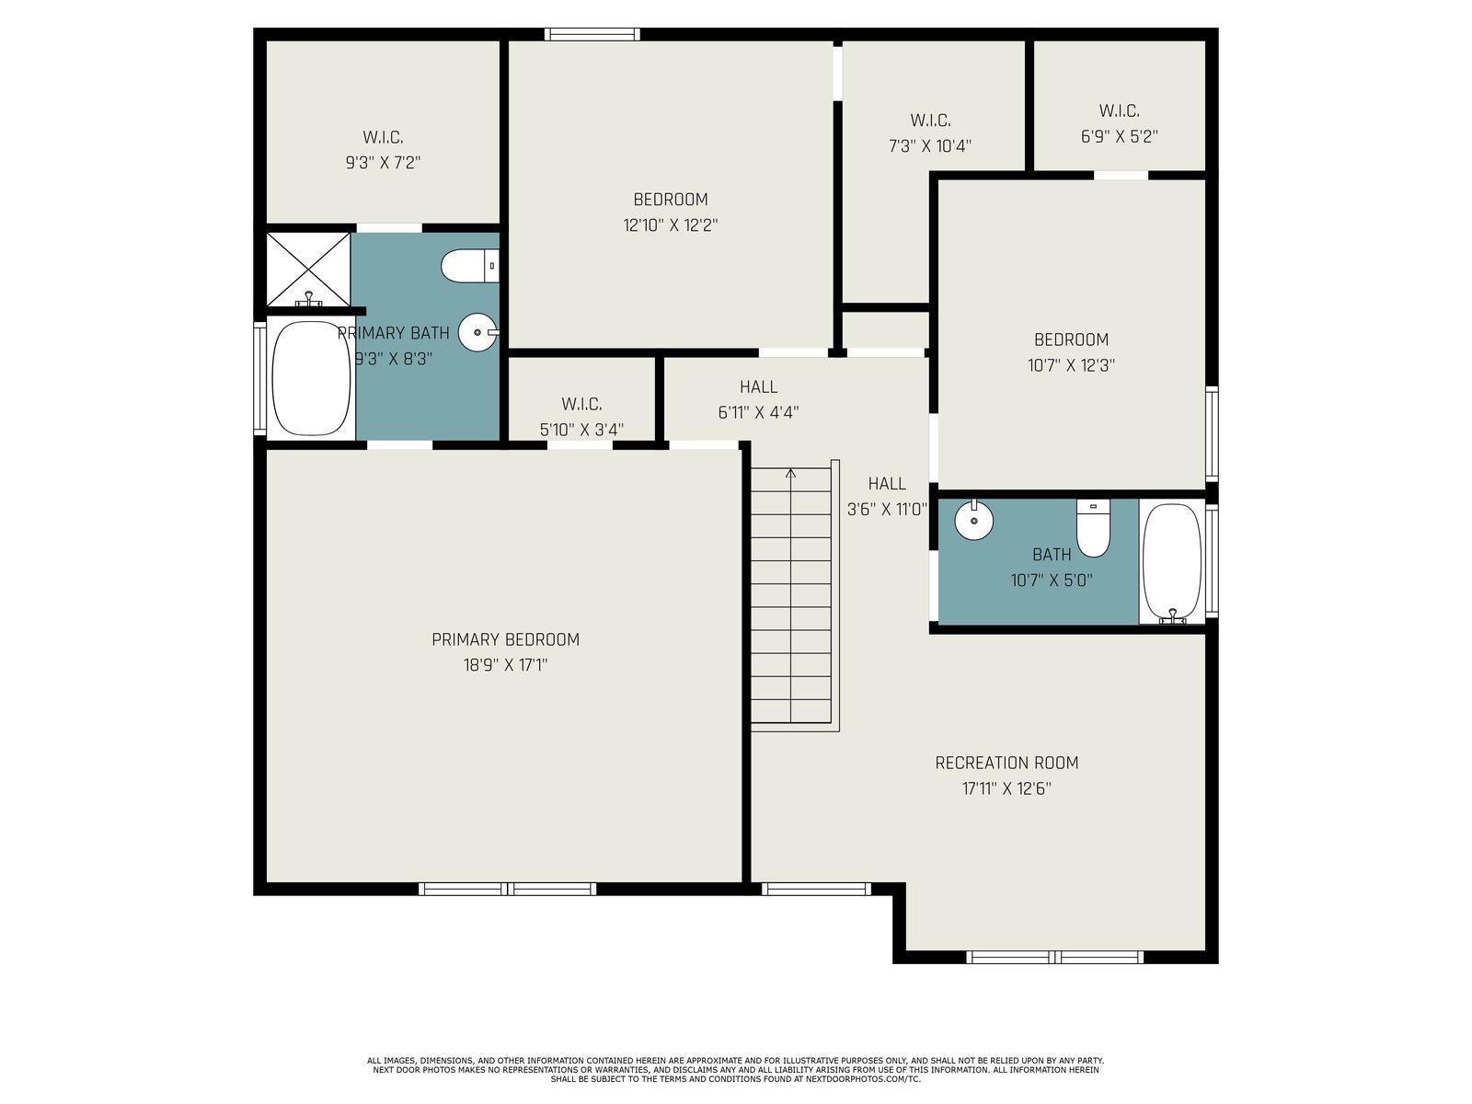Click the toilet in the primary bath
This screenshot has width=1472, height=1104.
coord(469,266)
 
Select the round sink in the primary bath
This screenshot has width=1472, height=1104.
coord(478,332)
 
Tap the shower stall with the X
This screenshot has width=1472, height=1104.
coord(308,270)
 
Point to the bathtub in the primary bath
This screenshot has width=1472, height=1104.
coord(311,379)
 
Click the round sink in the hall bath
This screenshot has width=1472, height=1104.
coord(973,520)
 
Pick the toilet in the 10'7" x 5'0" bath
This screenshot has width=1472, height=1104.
coord(1093,527)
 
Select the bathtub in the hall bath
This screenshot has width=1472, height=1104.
coord(1172,562)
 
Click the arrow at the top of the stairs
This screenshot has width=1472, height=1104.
coord(790,474)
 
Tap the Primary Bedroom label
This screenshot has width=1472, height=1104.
coord(506,639)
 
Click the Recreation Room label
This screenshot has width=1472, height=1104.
coord(1006,763)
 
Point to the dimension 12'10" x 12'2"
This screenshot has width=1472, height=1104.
coord(671,225)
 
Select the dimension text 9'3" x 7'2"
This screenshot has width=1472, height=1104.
coord(383,163)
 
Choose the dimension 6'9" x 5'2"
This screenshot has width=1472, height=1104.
coord(1120,137)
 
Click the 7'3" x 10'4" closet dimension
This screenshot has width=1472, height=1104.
coord(930,146)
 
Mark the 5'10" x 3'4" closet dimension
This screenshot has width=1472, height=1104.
coord(581,430)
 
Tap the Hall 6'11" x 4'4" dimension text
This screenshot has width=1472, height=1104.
coord(758,412)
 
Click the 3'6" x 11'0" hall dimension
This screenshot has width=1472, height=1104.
coord(887,510)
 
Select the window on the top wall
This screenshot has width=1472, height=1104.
coord(592,34)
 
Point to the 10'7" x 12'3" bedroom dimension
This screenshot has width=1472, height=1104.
coord(1071,365)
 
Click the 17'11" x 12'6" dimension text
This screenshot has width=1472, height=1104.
coord(1006,788)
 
